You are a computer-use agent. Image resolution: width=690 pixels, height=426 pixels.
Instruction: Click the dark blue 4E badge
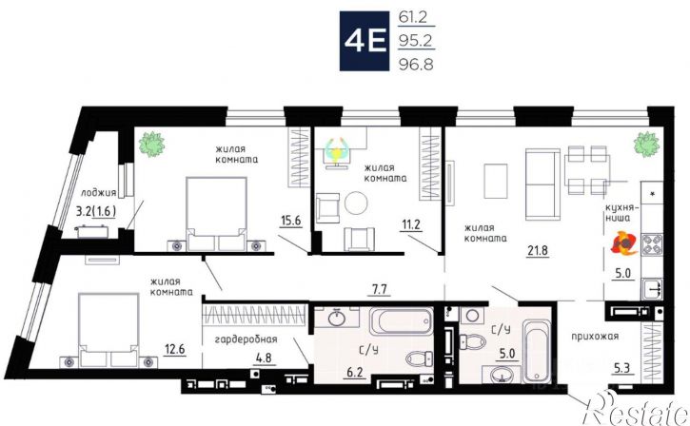pyautogui.click(x=365, y=41)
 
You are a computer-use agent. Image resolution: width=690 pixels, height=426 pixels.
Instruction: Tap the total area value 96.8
pyautogui.click(x=416, y=65)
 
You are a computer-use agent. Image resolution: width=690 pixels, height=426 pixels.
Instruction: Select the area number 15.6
pyautogui.click(x=291, y=220)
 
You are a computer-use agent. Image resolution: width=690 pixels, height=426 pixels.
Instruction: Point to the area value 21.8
pyautogui.click(x=538, y=250)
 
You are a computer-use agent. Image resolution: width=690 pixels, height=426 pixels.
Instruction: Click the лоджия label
pyautogui.click(x=99, y=193)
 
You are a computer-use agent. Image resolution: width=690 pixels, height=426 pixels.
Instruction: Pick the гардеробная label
pyautogui.click(x=246, y=339)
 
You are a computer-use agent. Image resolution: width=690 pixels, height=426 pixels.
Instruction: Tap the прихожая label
pyautogui.click(x=595, y=337)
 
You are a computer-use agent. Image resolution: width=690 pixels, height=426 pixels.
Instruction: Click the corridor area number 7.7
pyautogui.click(x=379, y=289)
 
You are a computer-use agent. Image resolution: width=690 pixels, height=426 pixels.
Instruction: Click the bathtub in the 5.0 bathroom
pyautogui.click(x=537, y=352)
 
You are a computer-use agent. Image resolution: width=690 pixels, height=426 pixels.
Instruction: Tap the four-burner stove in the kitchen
pyautogui.click(x=652, y=244)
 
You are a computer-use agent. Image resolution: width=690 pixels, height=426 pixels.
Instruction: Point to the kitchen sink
pyautogui.click(x=652, y=289)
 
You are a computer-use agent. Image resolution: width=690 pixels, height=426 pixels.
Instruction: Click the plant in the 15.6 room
pyautogui.click(x=151, y=144)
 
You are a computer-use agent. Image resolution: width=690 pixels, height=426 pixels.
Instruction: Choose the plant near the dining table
pyautogui.click(x=646, y=144)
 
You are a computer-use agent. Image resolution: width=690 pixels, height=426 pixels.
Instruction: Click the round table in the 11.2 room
pyautogui.click(x=356, y=203)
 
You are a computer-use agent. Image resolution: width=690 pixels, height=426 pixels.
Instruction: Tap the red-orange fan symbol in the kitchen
pyautogui.click(x=624, y=243)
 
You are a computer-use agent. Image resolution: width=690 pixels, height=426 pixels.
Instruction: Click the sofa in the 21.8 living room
pyautogui.click(x=542, y=184)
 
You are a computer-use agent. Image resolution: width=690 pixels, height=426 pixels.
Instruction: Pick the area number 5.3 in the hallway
pyautogui.click(x=621, y=367)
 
